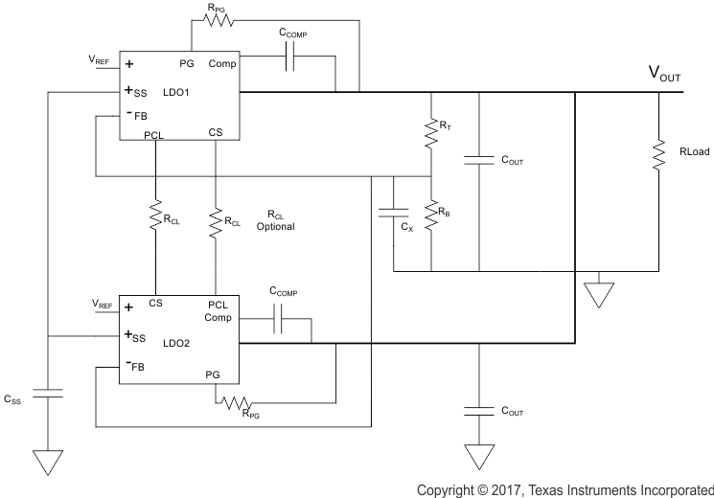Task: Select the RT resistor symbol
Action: click(430, 125)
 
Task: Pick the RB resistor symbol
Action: click(430, 216)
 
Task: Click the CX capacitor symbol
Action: click(393, 211)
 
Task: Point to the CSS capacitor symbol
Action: click(46, 392)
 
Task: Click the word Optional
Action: click(275, 227)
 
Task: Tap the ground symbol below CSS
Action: click(46, 463)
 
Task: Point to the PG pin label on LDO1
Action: click(187, 64)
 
